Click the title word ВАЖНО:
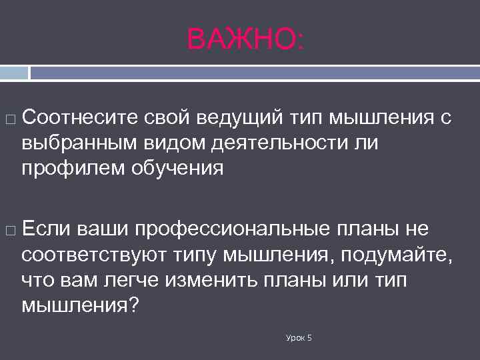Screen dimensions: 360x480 pyautogui.click(x=245, y=39)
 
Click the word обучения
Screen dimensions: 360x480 pyautogui.click(x=179, y=168)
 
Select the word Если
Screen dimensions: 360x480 pyautogui.click(x=45, y=229)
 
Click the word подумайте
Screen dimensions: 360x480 pyautogui.click(x=395, y=255)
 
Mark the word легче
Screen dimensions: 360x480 pyautogui.click(x=132, y=280)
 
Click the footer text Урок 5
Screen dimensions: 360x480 pyautogui.click(x=299, y=339)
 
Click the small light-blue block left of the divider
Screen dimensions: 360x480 pyautogui.click(x=13, y=72)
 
